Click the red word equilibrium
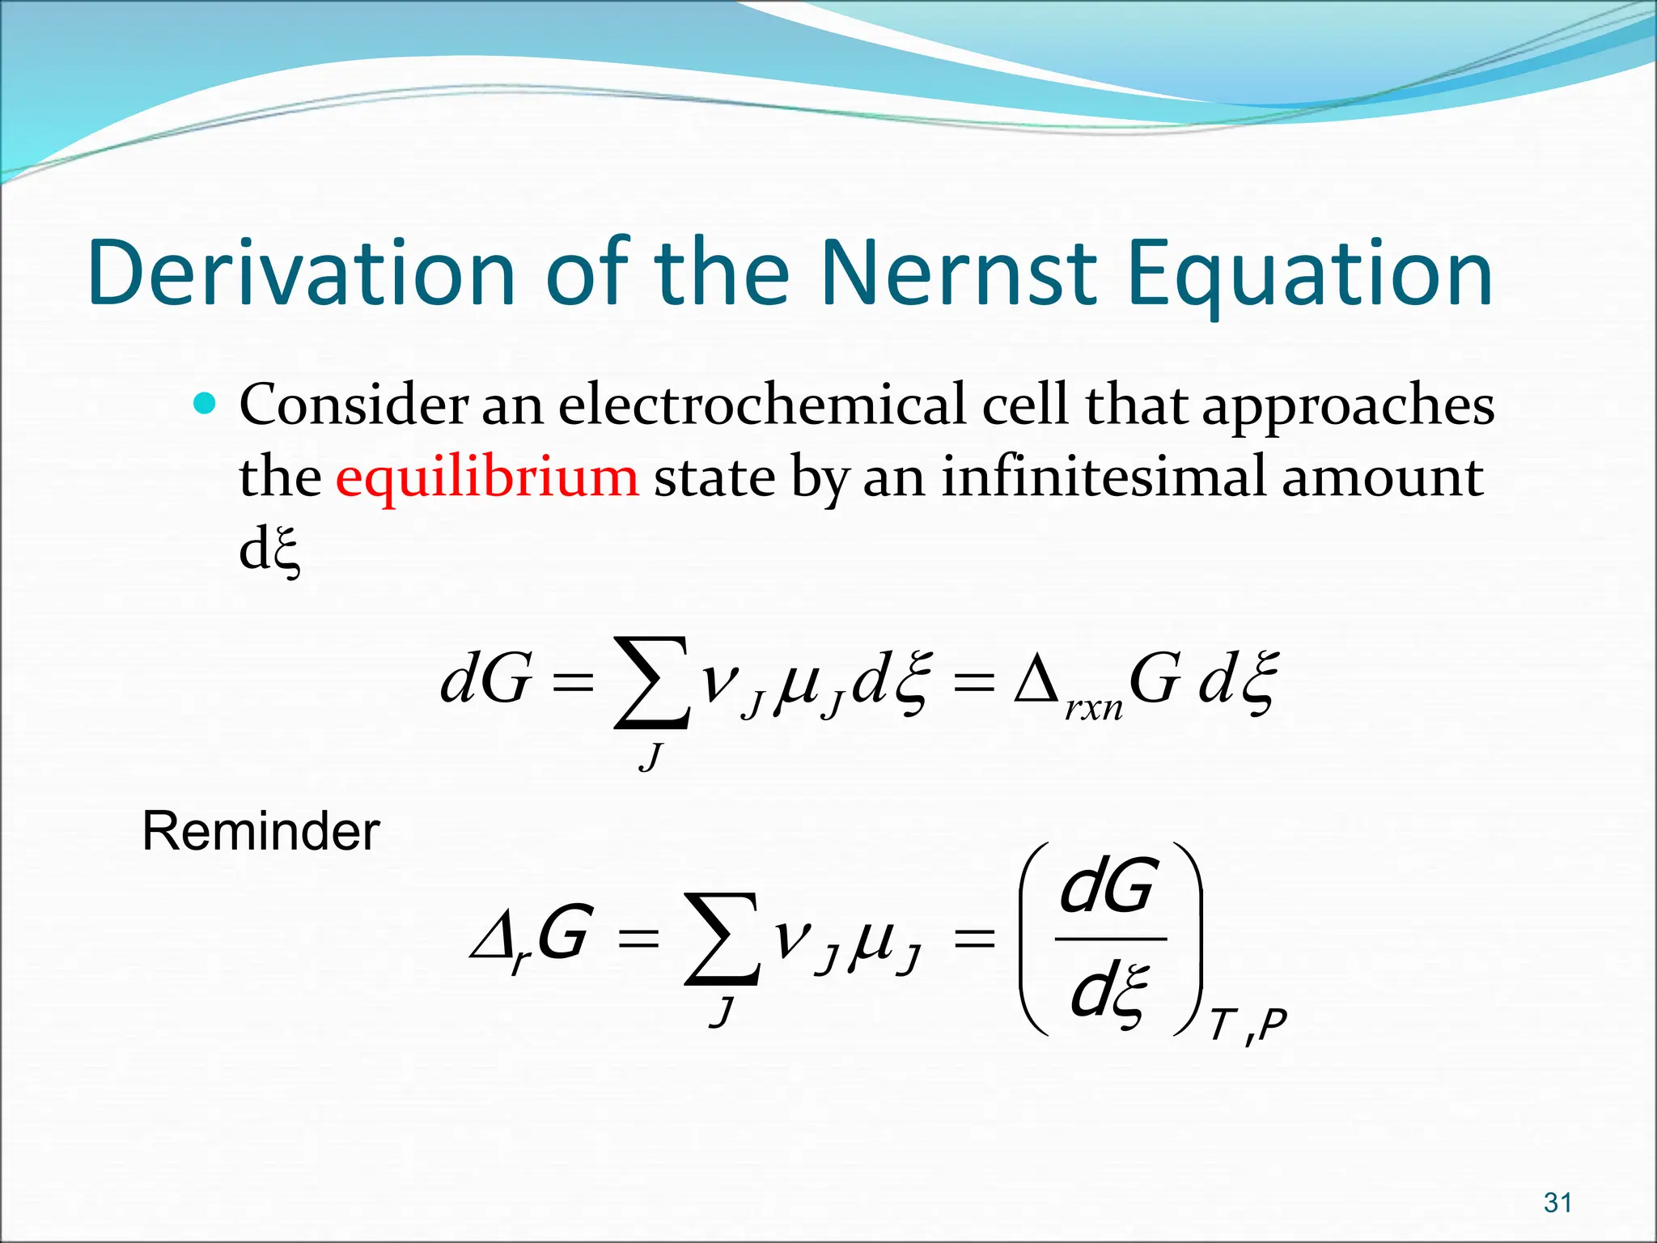pos(487,477)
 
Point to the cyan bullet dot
pos(206,402)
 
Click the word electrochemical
pos(761,404)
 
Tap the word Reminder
pos(261,831)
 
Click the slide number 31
pos(1557,1203)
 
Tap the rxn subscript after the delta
pos(1093,710)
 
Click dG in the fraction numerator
pos(1106,887)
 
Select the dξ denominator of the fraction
pos(1108,992)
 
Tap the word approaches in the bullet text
pos(1348,404)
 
